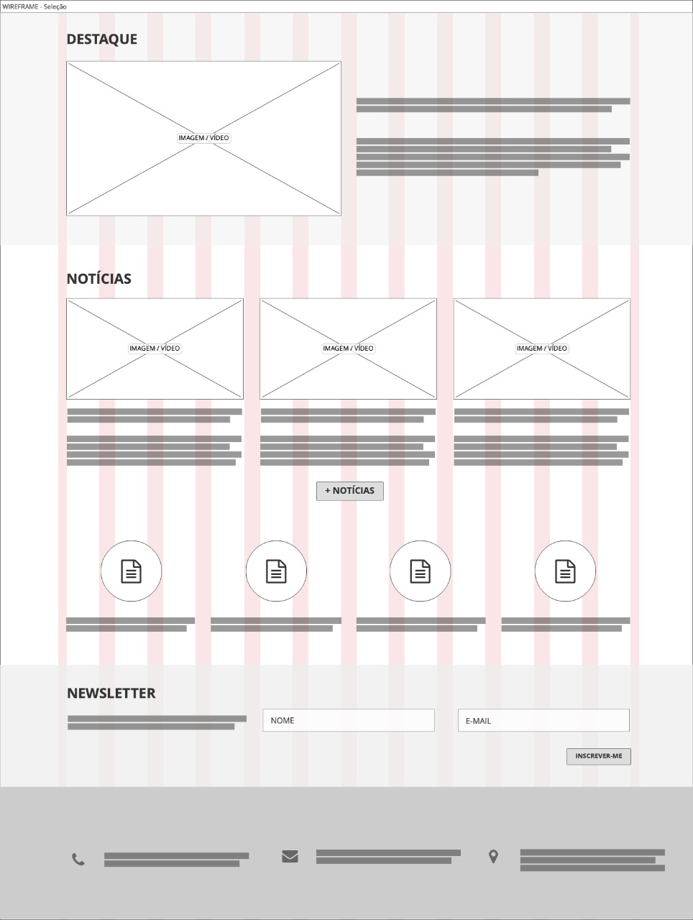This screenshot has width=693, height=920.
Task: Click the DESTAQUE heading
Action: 102,39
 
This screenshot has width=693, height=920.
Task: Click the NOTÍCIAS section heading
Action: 99,278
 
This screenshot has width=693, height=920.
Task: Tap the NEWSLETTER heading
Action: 111,693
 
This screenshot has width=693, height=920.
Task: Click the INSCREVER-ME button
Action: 599,756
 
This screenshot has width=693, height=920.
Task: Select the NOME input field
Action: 349,720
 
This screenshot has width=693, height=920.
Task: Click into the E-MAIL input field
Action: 543,720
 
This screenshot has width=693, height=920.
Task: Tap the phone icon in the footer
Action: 78,859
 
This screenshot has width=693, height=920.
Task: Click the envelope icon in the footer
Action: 290,856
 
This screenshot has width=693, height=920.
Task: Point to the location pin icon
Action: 493,856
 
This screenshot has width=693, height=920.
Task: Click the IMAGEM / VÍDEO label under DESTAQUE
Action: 203,138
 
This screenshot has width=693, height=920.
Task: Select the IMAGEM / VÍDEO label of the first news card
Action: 155,349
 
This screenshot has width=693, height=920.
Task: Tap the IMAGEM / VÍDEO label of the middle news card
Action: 348,349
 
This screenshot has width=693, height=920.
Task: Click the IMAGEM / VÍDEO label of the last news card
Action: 541,349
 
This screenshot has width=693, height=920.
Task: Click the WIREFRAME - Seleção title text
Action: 35,6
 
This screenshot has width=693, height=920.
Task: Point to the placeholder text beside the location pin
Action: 592,860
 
